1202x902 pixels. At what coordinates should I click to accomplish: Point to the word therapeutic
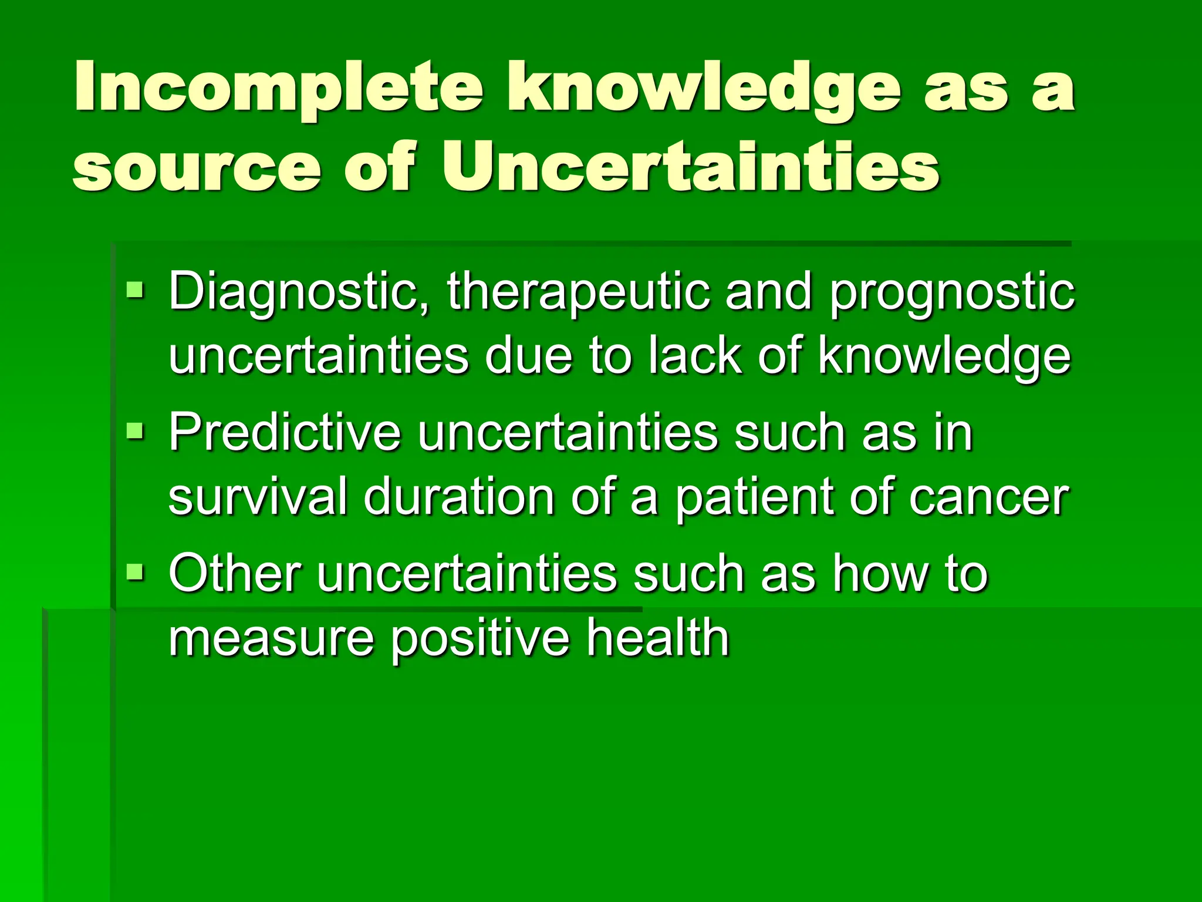(578, 292)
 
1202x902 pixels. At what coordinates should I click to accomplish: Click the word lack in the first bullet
(695, 356)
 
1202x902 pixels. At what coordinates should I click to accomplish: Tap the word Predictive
(285, 432)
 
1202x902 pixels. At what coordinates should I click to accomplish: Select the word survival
(258, 497)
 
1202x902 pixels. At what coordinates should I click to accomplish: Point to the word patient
(755, 497)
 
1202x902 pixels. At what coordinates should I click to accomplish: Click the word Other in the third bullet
(235, 573)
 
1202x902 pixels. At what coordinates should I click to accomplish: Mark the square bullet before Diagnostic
(135, 290)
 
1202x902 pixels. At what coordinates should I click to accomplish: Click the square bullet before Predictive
(135, 430)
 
